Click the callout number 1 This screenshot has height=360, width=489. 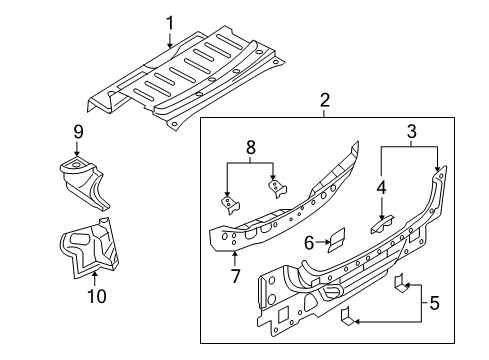(x=170, y=23)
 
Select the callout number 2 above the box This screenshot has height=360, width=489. (x=325, y=100)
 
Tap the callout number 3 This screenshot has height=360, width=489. (x=412, y=131)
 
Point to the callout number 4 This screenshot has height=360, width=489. (x=381, y=188)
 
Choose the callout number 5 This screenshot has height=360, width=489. (x=434, y=303)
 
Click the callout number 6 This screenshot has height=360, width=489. (x=309, y=243)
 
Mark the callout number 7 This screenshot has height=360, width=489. (x=235, y=276)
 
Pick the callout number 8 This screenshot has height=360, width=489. (x=251, y=147)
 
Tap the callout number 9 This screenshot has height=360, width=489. (x=78, y=132)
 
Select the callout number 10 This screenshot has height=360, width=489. (x=97, y=296)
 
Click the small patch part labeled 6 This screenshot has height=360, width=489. (x=337, y=239)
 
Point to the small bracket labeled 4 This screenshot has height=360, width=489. (x=382, y=224)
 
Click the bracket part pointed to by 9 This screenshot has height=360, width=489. (x=84, y=183)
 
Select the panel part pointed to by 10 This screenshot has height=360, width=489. (x=89, y=247)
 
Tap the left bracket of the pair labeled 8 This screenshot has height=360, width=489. (x=229, y=205)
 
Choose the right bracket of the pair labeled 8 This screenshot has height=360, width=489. (x=277, y=189)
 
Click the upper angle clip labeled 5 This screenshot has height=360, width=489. (x=401, y=283)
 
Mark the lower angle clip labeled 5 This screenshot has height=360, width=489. (x=348, y=317)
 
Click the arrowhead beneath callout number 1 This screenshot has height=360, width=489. (x=170, y=45)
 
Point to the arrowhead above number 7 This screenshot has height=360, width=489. (x=235, y=255)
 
